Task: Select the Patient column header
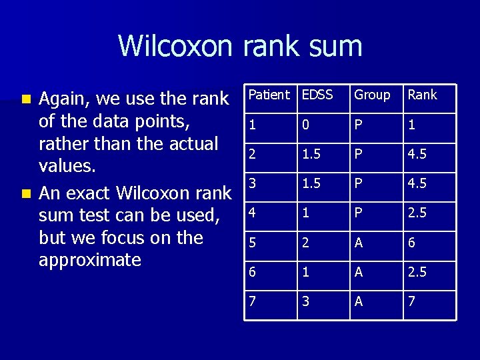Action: [269, 95]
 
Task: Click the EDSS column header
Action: [317, 95]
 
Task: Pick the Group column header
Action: [372, 95]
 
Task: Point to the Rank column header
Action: [422, 95]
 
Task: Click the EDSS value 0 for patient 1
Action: [306, 125]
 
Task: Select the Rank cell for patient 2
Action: [417, 154]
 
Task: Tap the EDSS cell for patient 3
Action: [311, 183]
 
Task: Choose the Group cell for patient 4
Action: [359, 213]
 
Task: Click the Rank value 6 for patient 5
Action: [411, 243]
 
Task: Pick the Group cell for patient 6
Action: [359, 272]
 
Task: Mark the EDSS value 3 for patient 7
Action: [306, 301]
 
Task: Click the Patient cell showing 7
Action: [252, 301]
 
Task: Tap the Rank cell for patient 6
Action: [417, 272]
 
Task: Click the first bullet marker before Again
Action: [26, 99]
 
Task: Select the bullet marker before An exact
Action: [26, 194]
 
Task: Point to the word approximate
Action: [90, 260]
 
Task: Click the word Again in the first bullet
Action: [65, 99]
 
